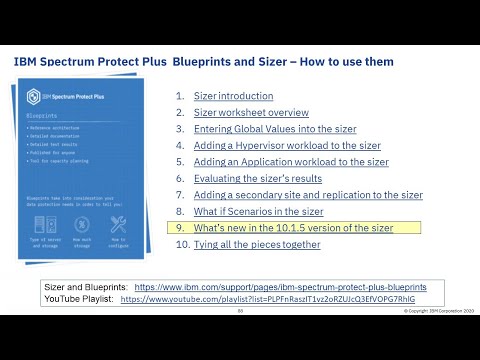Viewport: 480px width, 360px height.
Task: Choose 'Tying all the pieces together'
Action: pos(257,244)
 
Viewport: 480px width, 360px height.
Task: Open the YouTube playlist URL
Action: pos(267,298)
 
